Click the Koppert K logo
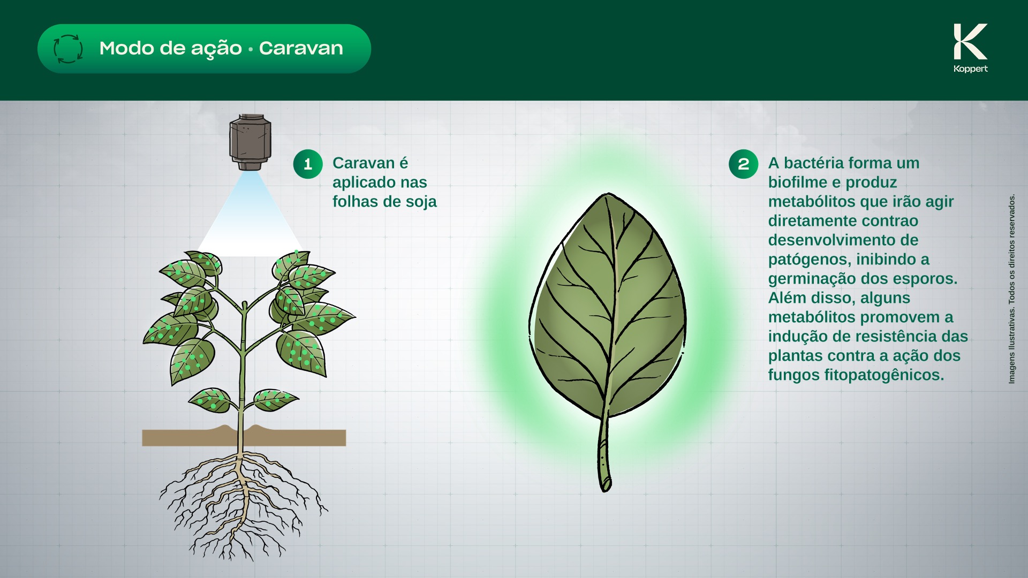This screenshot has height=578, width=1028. tap(970, 41)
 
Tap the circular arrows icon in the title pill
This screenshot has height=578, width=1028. tap(68, 49)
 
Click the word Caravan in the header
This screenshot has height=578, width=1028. tap(301, 48)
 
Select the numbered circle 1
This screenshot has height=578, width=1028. tap(308, 164)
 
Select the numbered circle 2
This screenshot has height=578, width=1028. tap(743, 164)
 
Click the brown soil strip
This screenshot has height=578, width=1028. tap(244, 436)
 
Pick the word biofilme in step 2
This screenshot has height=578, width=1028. tap(797, 182)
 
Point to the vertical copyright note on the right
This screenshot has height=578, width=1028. tap(1011, 288)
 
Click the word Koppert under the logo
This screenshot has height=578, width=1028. tap(970, 69)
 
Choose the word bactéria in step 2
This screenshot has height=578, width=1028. tap(816, 163)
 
